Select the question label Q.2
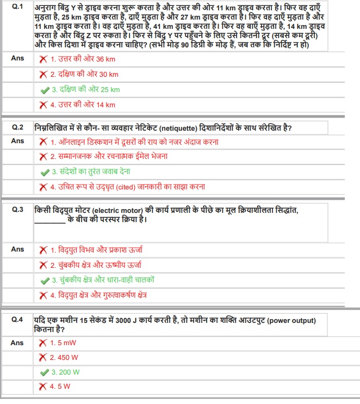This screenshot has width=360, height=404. click(x=17, y=127)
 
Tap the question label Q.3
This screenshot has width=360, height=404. click(x=17, y=209)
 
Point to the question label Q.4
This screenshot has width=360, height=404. click(x=17, y=320)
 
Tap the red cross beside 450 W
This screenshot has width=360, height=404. click(x=42, y=358)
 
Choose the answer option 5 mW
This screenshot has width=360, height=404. click(x=63, y=343)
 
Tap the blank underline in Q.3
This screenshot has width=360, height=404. click(x=49, y=221)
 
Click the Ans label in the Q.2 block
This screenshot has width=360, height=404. click(x=17, y=141)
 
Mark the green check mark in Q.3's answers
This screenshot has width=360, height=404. click(x=45, y=280)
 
